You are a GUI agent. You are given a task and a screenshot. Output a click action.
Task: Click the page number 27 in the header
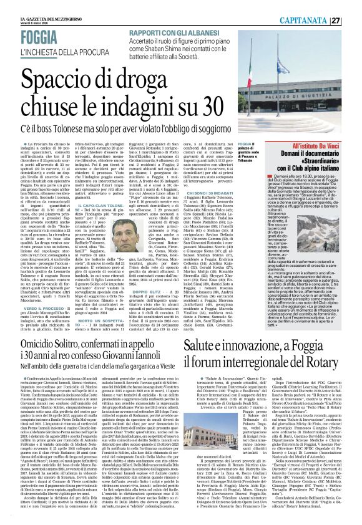point(353,21)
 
